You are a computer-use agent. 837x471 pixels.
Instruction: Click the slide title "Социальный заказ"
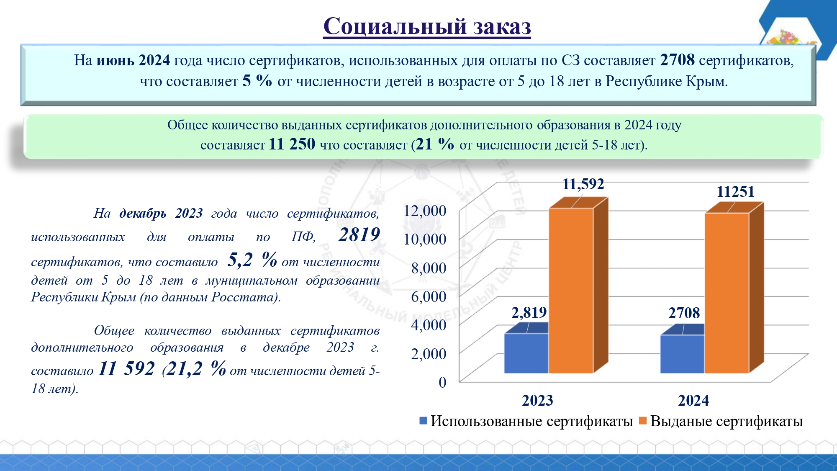tap(427, 26)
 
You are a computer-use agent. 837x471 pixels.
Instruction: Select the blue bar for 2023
tap(526, 353)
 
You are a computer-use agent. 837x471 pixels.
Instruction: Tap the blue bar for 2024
tap(682, 354)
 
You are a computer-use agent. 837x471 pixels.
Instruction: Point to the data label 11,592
tap(583, 184)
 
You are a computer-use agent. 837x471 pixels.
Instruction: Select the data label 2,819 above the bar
tap(529, 312)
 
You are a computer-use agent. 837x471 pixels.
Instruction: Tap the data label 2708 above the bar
tap(684, 313)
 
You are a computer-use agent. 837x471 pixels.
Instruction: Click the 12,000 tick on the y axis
tap(425, 211)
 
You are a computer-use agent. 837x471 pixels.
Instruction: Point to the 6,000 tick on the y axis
tap(429, 296)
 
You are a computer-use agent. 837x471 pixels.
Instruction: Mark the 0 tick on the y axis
tap(442, 382)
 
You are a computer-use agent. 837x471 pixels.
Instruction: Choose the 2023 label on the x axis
tap(537, 401)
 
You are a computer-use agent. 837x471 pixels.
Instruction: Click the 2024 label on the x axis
tap(693, 401)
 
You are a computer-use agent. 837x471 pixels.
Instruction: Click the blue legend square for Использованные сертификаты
tap(423, 421)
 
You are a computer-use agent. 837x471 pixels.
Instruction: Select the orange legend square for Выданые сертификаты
tap(643, 421)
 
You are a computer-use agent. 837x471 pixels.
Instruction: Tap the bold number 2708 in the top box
tap(677, 60)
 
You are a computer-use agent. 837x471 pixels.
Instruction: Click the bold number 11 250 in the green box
tap(292, 144)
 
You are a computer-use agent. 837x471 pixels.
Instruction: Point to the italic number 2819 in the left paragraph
tap(359, 234)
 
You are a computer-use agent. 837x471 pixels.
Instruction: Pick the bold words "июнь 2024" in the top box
tap(133, 60)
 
